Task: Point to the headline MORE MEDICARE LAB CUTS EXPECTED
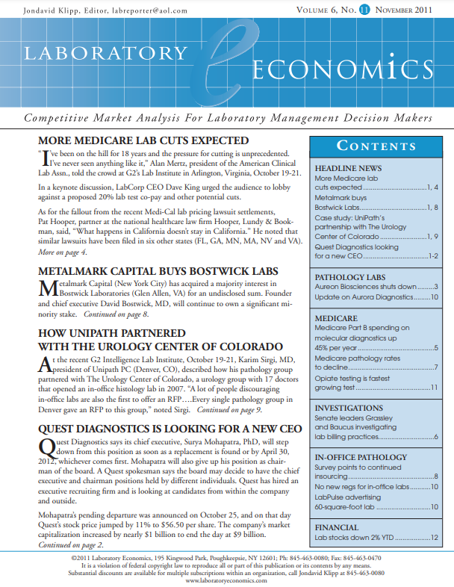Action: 143,140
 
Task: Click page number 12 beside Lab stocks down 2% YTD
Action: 432,538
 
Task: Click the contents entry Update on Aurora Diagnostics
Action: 361,299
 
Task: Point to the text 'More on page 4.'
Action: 62,254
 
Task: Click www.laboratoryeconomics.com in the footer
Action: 226,580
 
